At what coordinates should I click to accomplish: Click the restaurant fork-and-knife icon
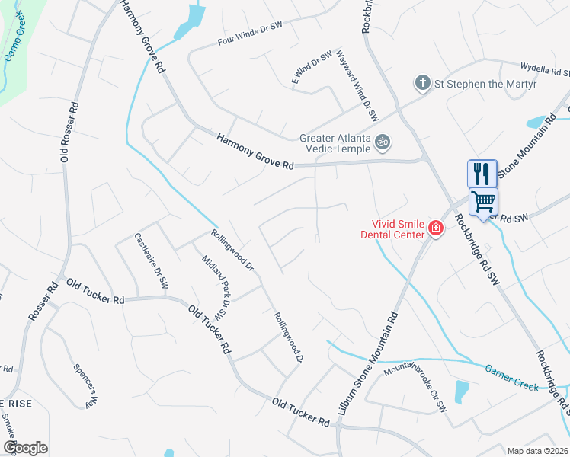481,174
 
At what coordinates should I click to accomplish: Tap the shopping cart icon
482,202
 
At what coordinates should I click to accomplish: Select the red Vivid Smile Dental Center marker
435,228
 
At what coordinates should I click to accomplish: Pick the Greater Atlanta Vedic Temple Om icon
383,141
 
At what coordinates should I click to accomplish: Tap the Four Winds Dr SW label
249,34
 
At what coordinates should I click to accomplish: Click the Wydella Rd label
544,70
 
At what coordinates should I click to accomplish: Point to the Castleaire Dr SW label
151,260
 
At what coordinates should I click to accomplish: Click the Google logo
25,447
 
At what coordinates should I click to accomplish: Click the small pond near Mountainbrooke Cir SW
462,391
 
